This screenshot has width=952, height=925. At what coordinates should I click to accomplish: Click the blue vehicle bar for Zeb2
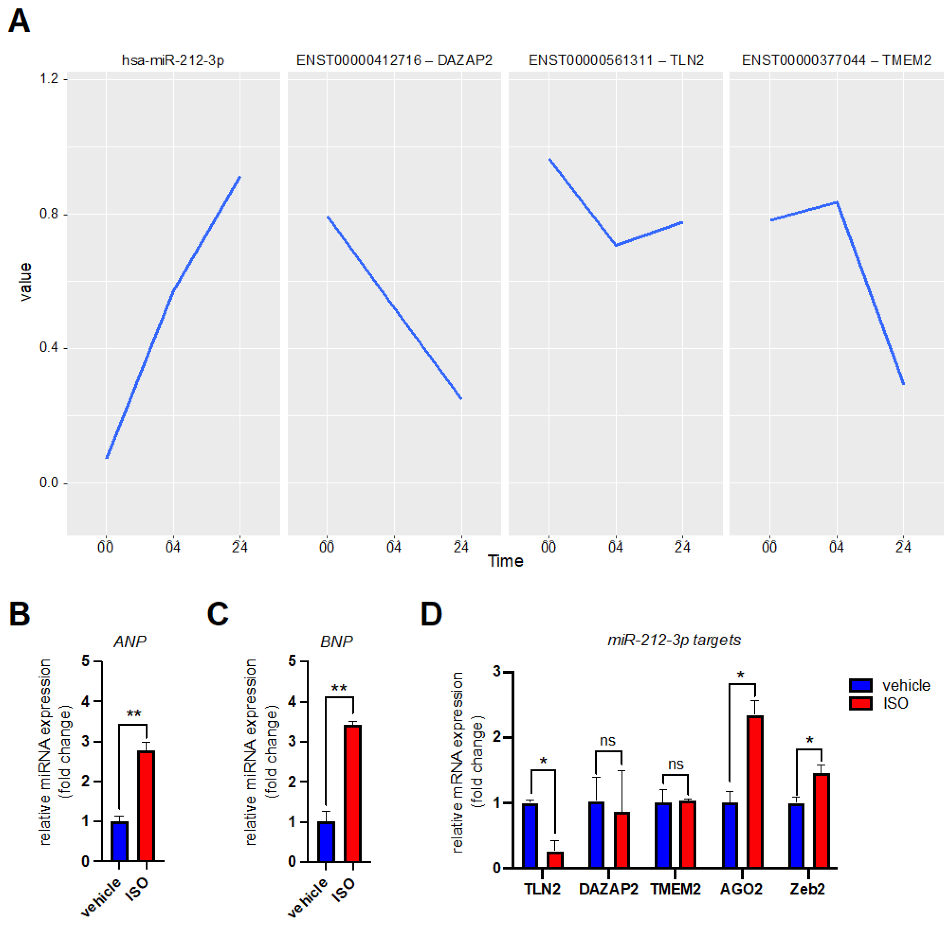click(796, 835)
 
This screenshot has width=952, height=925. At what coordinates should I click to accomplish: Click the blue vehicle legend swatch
click(860, 686)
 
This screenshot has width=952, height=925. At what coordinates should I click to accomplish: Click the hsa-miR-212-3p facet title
click(173, 60)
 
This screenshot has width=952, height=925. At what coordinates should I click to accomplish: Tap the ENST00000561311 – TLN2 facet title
click(616, 60)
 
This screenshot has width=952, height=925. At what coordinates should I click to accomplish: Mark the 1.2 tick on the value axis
click(49, 78)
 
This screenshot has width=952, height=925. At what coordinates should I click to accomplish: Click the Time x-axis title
click(505, 561)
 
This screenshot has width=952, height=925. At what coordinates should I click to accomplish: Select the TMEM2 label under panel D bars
click(675, 889)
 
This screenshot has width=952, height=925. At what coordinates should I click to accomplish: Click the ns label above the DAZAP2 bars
click(607, 740)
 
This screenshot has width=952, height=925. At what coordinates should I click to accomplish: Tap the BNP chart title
click(336, 642)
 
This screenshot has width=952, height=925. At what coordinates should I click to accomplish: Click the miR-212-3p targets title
click(674, 640)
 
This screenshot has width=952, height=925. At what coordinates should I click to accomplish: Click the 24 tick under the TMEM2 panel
click(903, 547)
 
